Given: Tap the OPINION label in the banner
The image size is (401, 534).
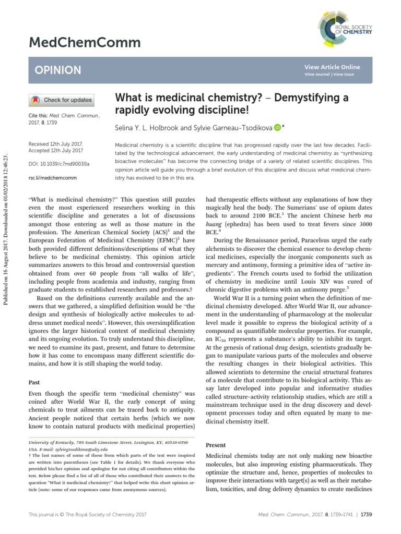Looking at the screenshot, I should point(58,70).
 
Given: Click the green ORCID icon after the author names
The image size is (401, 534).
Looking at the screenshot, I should point(276,127).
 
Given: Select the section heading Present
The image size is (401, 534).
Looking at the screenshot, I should point(216,445).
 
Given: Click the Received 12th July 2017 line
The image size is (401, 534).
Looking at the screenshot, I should point(55,144).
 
